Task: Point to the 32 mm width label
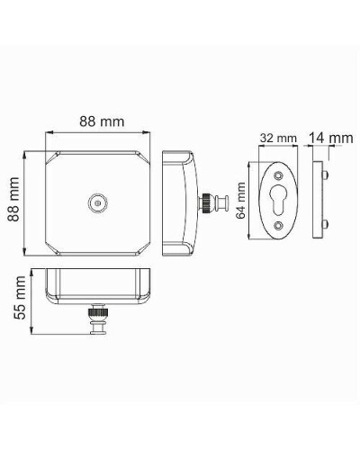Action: tap(277, 138)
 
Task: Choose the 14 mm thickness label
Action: tap(329, 138)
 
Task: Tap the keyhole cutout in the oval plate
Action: tap(276, 204)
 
